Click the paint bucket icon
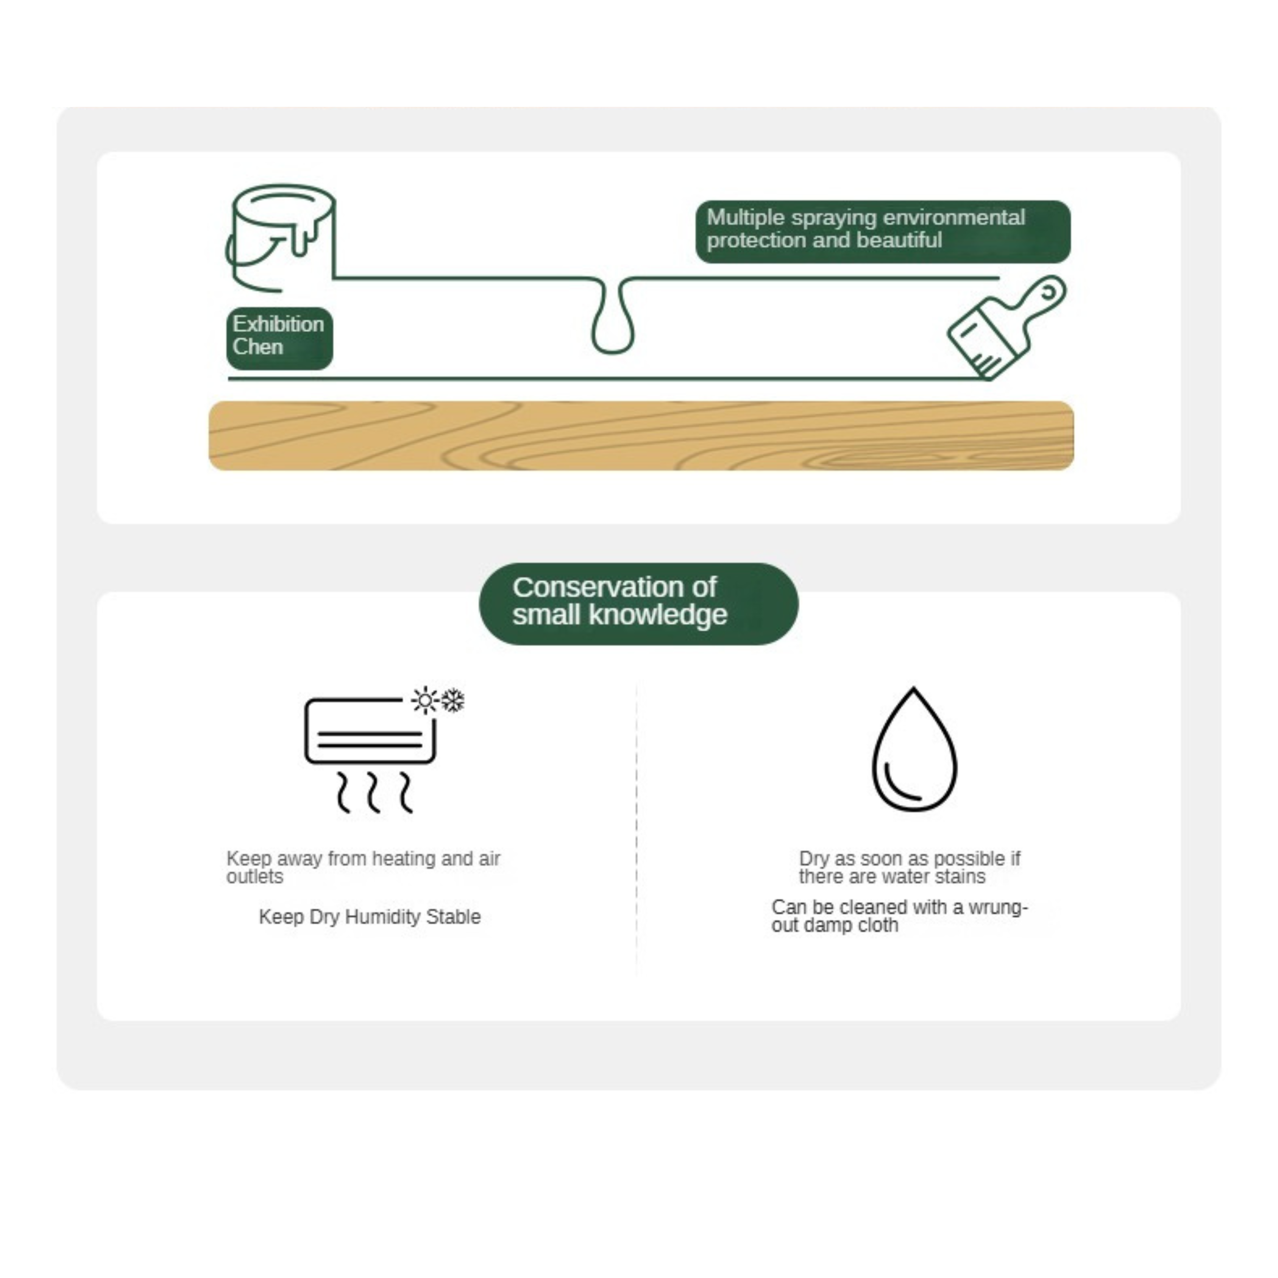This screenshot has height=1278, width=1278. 281,238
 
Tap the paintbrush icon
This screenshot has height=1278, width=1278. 1007,328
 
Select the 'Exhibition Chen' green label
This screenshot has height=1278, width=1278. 279,338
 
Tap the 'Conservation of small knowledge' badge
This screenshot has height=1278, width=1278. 638,603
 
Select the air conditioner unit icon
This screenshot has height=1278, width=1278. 370,731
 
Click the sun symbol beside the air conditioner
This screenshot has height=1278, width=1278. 425,700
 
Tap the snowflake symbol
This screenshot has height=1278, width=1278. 453,701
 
